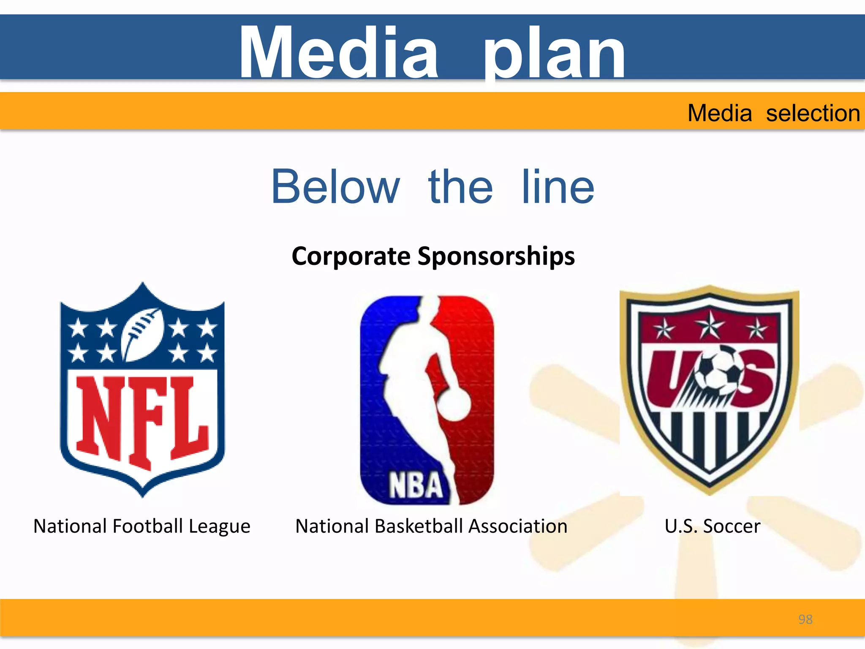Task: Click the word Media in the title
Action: pyautogui.click(x=338, y=52)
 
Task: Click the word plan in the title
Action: pyautogui.click(x=554, y=55)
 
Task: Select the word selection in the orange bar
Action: pyautogui.click(x=813, y=113)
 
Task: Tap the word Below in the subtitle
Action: pyautogui.click(x=335, y=187)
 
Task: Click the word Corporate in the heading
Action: pyautogui.click(x=351, y=256)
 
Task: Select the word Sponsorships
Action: pyautogui.click(x=496, y=256)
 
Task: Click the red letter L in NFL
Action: pyautogui.click(x=190, y=416)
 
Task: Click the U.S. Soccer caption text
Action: pyautogui.click(x=712, y=526)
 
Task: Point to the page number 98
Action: pyautogui.click(x=805, y=619)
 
